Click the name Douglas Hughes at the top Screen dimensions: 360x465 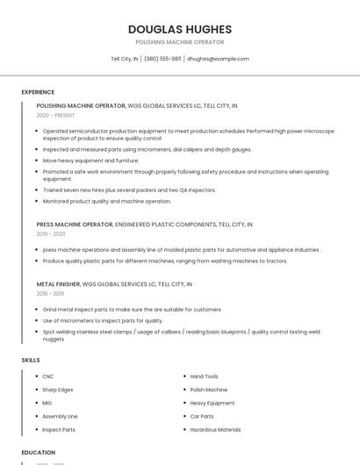click(179, 29)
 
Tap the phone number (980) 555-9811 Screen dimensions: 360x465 click(162, 59)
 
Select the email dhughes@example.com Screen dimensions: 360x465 click(218, 59)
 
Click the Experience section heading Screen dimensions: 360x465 click(38, 92)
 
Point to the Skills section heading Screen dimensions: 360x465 click(30, 360)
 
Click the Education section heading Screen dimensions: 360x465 click(39, 453)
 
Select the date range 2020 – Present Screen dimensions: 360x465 click(55, 115)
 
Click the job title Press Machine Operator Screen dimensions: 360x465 click(75, 225)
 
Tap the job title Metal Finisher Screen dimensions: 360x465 click(58, 284)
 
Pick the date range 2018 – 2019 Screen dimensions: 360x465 click(51, 294)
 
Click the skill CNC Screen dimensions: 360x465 click(48, 376)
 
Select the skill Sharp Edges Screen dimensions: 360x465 click(58, 390)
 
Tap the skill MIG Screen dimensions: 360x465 click(47, 403)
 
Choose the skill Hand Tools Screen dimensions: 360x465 click(205, 376)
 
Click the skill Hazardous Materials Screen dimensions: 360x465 click(215, 430)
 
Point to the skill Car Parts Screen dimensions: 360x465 click(202, 416)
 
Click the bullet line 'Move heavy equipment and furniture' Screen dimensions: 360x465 click(90, 161)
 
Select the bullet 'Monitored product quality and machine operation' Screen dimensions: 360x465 click(106, 201)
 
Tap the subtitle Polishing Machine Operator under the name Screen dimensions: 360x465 click(179, 42)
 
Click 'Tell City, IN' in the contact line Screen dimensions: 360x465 click(124, 59)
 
